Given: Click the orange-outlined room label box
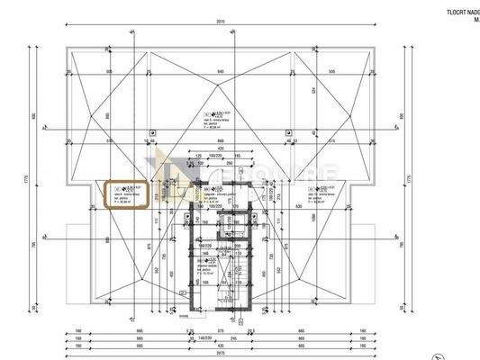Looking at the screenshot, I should [x=126, y=196].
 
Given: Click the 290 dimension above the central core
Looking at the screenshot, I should [x=230, y=165].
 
